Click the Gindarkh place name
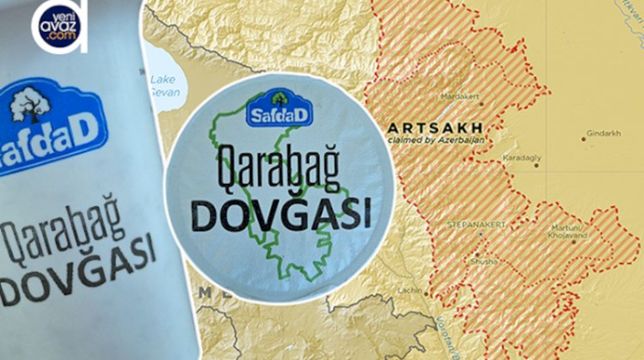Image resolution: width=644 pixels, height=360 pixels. [x=606, y=133]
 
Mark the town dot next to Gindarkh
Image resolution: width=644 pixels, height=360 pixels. [x=583, y=138]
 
